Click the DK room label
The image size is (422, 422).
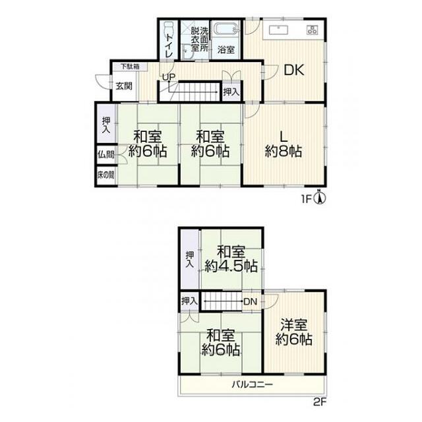294,70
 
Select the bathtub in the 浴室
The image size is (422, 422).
226,29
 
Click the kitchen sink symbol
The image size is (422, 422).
278,30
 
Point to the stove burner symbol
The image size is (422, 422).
312,30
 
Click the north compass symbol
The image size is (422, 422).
320,198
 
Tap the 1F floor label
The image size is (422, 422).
306,199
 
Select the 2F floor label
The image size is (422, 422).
320,402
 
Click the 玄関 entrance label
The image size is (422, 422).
124,86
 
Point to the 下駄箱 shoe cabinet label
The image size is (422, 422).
130,66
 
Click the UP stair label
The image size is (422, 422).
169,77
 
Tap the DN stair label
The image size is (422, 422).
251,302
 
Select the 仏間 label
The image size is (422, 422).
105,154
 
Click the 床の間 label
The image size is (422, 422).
105,175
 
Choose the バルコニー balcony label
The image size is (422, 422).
253,384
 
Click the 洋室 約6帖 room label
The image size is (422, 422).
293,332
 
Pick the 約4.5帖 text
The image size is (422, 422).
231,266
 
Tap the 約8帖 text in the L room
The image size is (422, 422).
283,151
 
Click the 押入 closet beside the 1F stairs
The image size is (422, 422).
231,92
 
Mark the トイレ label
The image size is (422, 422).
169,45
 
